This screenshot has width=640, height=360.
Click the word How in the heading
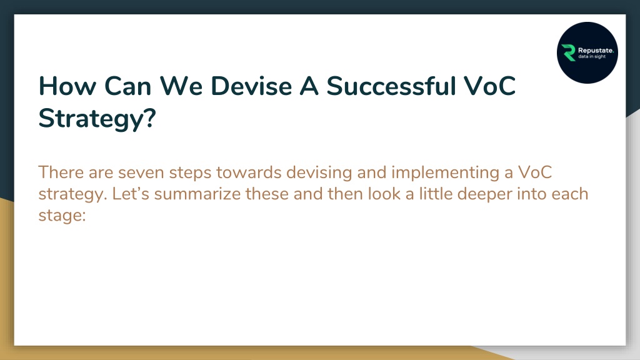pyautogui.click(x=67, y=86)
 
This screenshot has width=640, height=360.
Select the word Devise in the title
pyautogui.click(x=251, y=86)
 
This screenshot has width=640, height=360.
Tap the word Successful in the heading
pyautogui.click(x=391, y=86)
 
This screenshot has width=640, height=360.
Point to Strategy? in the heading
pyautogui.click(x=97, y=119)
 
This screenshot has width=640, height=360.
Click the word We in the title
pyautogui.click(x=181, y=86)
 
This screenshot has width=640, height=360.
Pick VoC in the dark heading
pyautogui.click(x=490, y=86)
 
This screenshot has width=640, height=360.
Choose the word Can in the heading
pyautogui.click(x=127, y=86)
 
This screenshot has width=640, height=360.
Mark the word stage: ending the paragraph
pyautogui.click(x=62, y=216)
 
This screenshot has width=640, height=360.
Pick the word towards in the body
pyautogui.click(x=249, y=172)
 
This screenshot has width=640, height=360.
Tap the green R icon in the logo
pyautogui.click(x=568, y=52)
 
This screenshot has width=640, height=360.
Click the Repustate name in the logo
pyautogui.click(x=596, y=51)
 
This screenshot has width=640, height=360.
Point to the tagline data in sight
pyautogui.click(x=592, y=57)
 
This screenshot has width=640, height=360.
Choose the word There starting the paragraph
pyautogui.click(x=61, y=172)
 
